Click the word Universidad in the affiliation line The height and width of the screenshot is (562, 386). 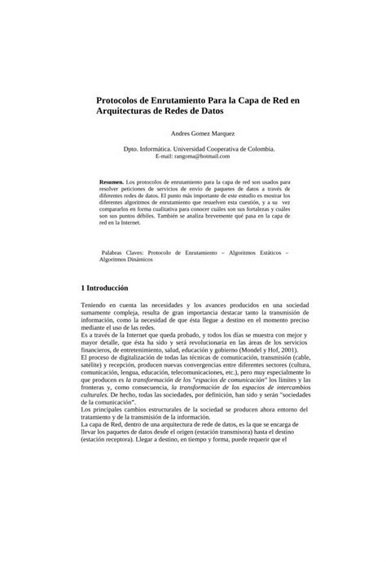[x=190, y=150]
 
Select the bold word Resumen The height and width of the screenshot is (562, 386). [x=111, y=182]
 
